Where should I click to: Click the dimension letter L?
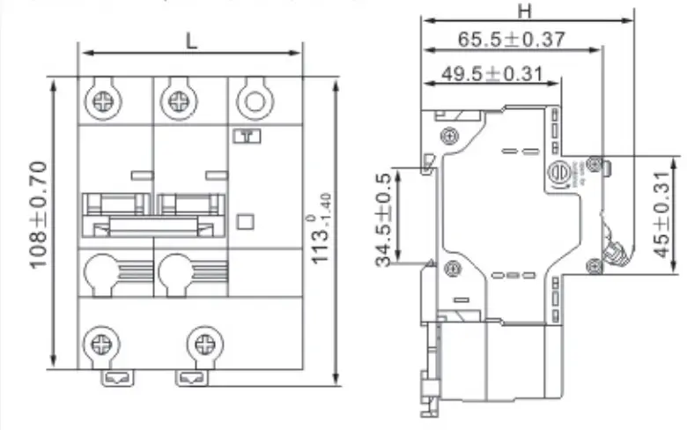(x=191, y=39)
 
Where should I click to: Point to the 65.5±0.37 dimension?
(x=512, y=39)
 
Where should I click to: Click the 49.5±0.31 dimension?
(x=491, y=73)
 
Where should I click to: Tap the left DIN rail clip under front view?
(x=115, y=378)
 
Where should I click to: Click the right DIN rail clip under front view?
(x=190, y=378)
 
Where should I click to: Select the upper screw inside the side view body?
(x=451, y=136)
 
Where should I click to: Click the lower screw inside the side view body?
(x=451, y=269)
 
